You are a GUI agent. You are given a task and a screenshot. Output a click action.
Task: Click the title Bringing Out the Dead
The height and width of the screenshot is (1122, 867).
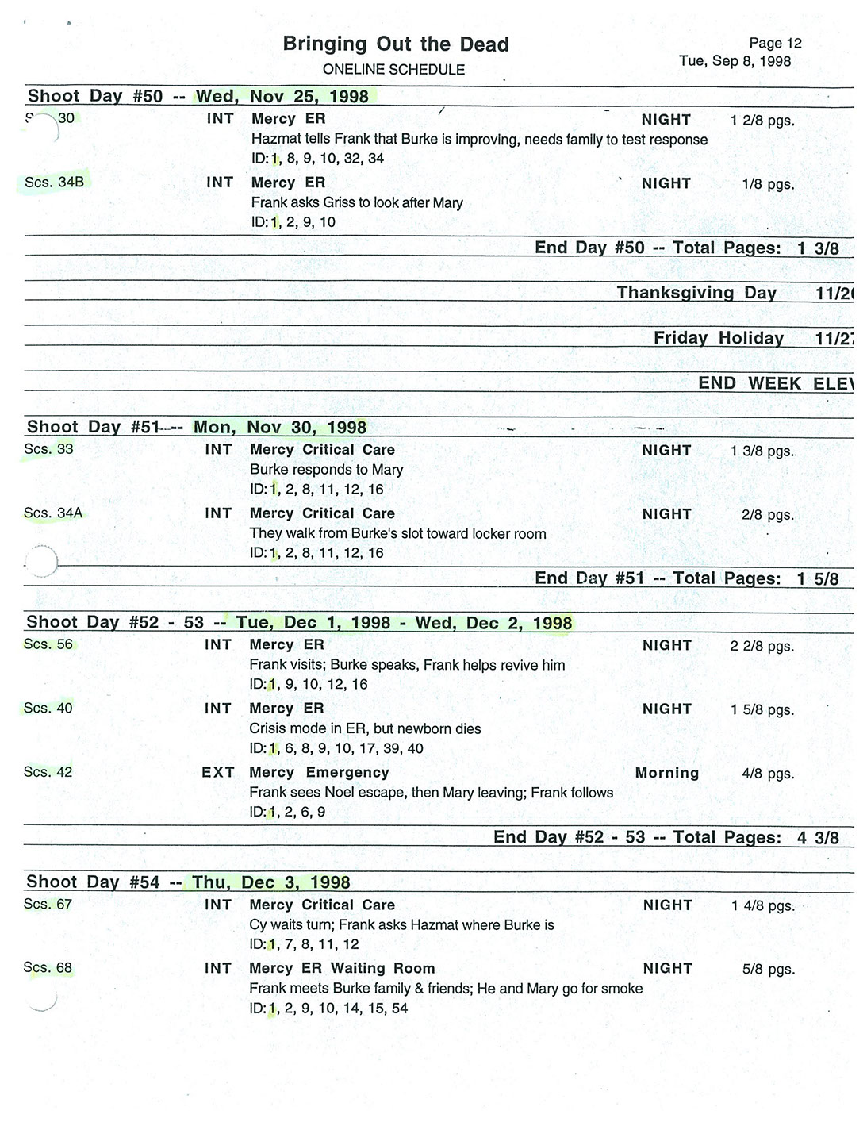pos(396,44)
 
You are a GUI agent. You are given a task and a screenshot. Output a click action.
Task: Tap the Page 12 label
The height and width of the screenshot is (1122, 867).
pos(775,44)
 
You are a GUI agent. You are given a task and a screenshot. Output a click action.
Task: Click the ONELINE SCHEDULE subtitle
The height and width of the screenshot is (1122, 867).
pos(393,70)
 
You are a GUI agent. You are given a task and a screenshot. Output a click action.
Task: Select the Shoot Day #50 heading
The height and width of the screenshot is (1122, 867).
pos(95,97)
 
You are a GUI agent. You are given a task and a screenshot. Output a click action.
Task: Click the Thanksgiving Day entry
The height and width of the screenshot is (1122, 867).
pos(696,293)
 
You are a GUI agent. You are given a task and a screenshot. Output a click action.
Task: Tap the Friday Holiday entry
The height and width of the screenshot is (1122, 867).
pos(718,338)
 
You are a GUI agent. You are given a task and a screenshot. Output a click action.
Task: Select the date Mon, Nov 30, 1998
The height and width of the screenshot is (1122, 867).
pos(280,428)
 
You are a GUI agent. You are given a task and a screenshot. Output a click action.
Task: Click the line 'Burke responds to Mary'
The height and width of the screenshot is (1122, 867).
pos(326,470)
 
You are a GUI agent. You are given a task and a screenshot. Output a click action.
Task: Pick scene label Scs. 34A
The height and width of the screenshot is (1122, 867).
pos(53,513)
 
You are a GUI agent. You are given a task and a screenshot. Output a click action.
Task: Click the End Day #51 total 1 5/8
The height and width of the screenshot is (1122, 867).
pos(817,579)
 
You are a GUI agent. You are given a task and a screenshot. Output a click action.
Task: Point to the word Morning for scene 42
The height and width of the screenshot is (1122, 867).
pos(666,773)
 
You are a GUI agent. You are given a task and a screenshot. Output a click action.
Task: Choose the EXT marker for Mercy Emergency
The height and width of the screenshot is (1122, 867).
pos(218,773)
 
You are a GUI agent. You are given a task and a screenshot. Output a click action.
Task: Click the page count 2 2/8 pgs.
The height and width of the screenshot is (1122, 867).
pos(762,646)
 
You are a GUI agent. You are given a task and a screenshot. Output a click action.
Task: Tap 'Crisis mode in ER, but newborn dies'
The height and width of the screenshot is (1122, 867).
pos(365,728)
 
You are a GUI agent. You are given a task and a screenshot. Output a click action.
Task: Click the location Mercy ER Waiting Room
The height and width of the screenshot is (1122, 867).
pos(342,968)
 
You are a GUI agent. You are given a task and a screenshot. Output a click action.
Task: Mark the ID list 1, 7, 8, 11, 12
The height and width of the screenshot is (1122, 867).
pos(304,945)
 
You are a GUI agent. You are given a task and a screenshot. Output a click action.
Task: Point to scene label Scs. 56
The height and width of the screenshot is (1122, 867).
pos(48,644)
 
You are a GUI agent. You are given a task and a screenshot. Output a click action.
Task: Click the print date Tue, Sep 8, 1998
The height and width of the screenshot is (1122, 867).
pos(735,61)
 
